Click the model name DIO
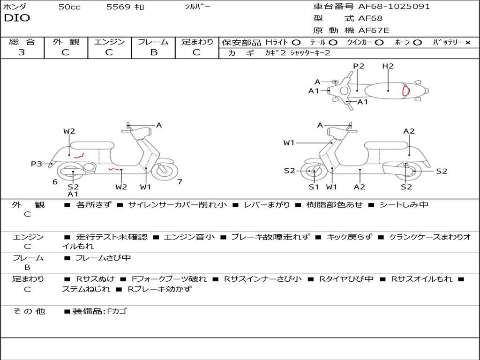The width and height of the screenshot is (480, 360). (x=17, y=18)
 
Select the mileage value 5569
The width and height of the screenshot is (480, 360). (x=118, y=7)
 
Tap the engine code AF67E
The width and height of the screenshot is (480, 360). (x=374, y=30)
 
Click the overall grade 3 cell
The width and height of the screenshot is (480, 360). (x=22, y=52)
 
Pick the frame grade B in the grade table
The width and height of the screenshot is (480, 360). (x=153, y=52)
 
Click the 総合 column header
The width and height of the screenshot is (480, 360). (x=22, y=42)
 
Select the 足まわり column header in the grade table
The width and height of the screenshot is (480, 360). (x=197, y=42)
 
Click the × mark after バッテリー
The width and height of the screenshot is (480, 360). (x=467, y=42)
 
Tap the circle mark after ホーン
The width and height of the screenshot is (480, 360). (x=418, y=42)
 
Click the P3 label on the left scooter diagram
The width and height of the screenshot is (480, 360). (x=37, y=164)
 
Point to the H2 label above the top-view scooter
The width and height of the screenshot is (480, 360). (x=388, y=66)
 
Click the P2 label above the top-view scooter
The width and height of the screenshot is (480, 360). (x=359, y=66)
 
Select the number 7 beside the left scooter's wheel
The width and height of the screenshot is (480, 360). (x=180, y=182)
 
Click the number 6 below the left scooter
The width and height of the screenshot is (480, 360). (x=55, y=182)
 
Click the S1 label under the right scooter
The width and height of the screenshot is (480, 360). (x=314, y=187)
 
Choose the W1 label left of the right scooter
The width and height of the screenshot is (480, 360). (x=289, y=143)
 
